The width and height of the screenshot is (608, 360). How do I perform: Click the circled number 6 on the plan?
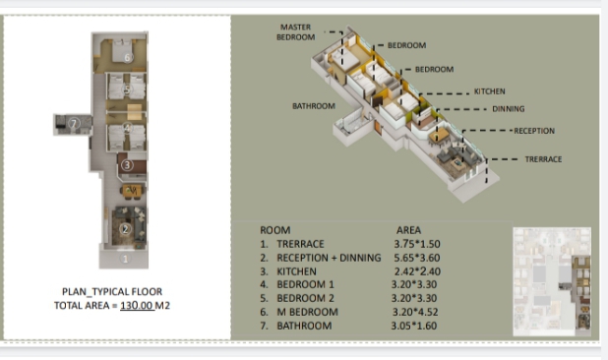point(128,58)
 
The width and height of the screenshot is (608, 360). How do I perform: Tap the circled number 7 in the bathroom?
point(74,124)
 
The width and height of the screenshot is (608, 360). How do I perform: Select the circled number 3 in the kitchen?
point(127,165)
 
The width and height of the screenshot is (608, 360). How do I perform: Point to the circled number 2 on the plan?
point(125,229)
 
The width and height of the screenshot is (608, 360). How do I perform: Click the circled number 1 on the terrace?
point(125,259)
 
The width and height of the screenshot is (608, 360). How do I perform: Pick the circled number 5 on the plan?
point(126,90)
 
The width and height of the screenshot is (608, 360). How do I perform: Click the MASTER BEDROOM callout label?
point(295,32)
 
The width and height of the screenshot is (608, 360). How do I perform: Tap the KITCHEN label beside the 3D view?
point(489,91)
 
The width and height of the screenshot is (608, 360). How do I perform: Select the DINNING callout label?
point(508,109)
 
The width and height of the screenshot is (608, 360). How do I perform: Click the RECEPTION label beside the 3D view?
point(534,131)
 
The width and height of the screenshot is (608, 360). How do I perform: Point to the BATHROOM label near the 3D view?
point(314,106)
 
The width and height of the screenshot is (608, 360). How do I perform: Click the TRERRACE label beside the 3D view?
point(543,159)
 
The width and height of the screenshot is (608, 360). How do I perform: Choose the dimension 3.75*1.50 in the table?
point(417,244)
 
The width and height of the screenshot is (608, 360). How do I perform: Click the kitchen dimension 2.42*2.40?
point(417,271)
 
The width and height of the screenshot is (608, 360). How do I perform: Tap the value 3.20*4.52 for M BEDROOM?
point(415,312)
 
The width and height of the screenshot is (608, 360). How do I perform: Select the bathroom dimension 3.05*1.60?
point(414,326)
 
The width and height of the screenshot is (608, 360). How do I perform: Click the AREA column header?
point(408,230)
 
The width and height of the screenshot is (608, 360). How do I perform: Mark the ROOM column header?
point(275,230)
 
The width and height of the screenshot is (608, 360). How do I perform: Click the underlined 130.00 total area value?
point(137,305)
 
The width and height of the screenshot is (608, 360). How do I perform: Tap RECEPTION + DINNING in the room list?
point(329,258)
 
